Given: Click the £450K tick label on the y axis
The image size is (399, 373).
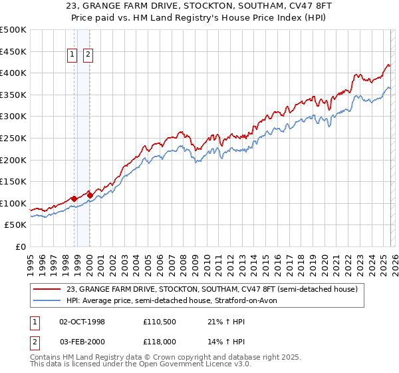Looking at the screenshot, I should [13, 51].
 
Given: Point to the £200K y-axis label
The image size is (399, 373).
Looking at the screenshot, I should [13, 160].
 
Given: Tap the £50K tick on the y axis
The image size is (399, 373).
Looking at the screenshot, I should [16, 225].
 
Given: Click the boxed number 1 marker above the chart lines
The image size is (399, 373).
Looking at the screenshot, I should [72, 56].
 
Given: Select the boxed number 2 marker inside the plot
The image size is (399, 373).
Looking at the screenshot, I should [88, 56].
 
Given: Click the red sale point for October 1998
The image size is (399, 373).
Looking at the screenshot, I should [74, 198].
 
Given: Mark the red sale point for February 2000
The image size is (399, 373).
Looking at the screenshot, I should [90, 195].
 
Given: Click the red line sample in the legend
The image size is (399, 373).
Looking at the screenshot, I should [47, 289].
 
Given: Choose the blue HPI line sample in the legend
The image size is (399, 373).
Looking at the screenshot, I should [47, 300].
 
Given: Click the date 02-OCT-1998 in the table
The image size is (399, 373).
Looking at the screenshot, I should [82, 322].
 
